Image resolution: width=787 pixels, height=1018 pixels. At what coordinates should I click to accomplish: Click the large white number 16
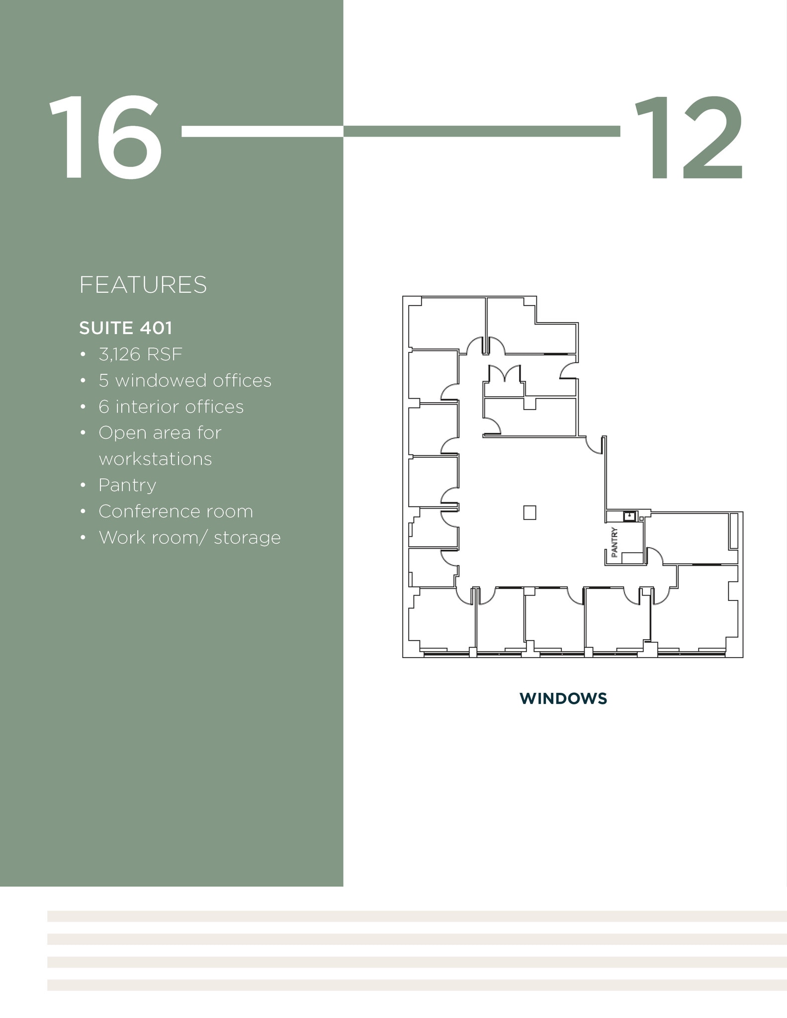pos(105,137)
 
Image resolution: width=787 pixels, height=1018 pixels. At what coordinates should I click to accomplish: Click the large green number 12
pos(689,137)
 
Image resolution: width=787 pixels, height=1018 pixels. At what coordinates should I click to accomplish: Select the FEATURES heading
pos(143,285)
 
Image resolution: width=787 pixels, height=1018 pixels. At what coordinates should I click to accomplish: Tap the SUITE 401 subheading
pos(126,328)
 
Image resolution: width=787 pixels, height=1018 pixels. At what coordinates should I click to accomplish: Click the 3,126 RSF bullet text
pos(141,354)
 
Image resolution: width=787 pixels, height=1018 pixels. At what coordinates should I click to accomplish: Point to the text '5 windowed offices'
pos(185,381)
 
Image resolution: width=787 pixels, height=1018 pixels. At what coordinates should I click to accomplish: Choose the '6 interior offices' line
pos(171,407)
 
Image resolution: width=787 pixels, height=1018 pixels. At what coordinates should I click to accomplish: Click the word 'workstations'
pos(155,459)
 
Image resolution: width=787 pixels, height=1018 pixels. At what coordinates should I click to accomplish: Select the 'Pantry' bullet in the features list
pos(127,485)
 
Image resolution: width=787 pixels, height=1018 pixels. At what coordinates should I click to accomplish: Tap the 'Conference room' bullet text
pos(175,511)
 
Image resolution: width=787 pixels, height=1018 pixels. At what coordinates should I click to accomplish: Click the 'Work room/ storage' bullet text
pos(189,538)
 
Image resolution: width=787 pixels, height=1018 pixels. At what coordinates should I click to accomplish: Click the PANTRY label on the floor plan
pos(615,542)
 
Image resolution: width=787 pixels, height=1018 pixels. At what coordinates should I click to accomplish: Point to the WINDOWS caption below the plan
pos(563,698)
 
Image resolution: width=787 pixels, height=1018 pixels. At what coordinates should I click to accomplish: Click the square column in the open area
pos(529,512)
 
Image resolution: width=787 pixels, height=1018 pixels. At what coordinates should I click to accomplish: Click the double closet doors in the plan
pos(505,374)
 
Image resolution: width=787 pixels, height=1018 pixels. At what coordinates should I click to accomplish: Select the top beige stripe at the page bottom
pos(417,916)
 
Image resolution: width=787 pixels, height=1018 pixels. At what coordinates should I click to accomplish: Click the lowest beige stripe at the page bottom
pos(417,985)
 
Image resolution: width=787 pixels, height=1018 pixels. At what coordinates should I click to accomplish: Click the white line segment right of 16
pos(262,131)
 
